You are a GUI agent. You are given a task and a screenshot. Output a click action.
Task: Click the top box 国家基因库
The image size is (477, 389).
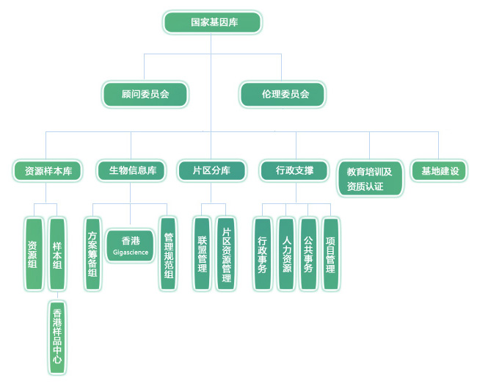[212, 22]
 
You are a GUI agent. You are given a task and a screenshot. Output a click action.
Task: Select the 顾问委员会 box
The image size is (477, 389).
[145, 94]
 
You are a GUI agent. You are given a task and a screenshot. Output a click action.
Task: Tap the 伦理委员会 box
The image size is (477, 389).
[283, 94]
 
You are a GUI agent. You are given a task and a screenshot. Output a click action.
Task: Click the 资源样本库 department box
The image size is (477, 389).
[46, 171]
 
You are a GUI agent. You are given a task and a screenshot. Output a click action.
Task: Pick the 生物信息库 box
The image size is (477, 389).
[131, 171]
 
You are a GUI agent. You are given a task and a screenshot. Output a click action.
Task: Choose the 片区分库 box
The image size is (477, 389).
[211, 171]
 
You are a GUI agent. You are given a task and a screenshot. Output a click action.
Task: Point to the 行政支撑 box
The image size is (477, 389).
[294, 171]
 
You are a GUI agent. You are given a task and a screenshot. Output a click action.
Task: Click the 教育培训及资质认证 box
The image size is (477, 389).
[369, 178]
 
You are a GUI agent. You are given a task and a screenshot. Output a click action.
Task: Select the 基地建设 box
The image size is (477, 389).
[439, 171]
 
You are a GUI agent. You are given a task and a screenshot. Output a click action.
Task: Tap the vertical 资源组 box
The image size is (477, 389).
[33, 253]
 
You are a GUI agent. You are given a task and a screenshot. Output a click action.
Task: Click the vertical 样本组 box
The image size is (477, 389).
[57, 253]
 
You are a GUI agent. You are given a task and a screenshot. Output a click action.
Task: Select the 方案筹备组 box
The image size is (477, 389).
[92, 253]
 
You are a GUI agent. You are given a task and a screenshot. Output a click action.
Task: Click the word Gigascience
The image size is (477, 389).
[131, 252]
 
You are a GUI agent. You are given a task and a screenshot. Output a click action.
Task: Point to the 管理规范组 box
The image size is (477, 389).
[169, 253]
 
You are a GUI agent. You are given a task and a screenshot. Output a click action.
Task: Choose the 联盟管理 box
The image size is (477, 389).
[202, 253]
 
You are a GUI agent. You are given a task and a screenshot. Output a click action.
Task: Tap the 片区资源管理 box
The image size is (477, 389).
[226, 253]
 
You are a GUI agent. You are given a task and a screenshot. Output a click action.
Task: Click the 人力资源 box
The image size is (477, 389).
[285, 253]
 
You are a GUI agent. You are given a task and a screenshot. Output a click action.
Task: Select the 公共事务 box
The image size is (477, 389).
[309, 253]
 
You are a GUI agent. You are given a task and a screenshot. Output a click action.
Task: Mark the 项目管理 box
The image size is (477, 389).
[331, 253]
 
